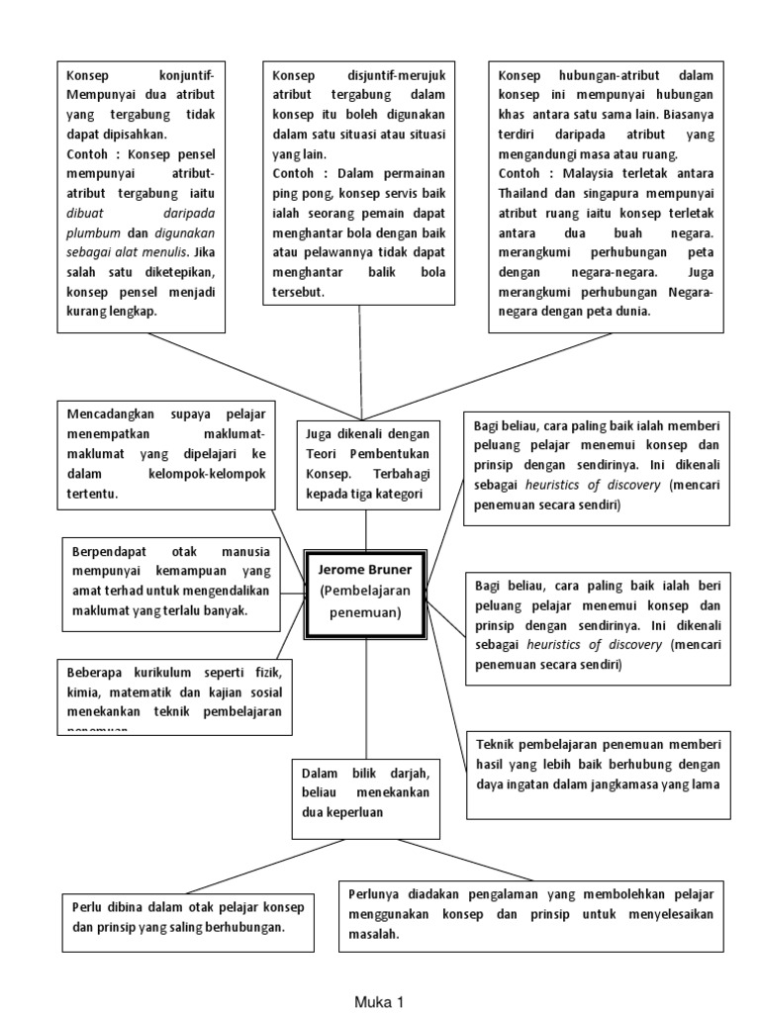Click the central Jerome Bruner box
(x=366, y=591)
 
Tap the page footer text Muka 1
(x=380, y=1001)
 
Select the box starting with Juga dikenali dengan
(x=366, y=463)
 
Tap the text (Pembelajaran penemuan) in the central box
(x=366, y=601)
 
